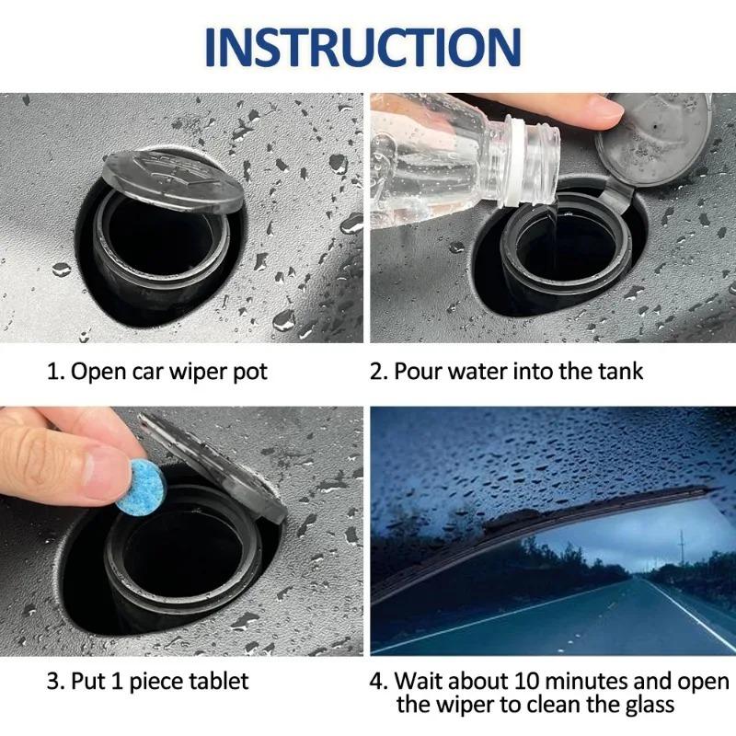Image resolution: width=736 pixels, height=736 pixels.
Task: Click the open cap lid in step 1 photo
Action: click(174, 178)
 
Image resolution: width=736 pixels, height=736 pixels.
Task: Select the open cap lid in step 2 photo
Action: click(655, 138)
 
